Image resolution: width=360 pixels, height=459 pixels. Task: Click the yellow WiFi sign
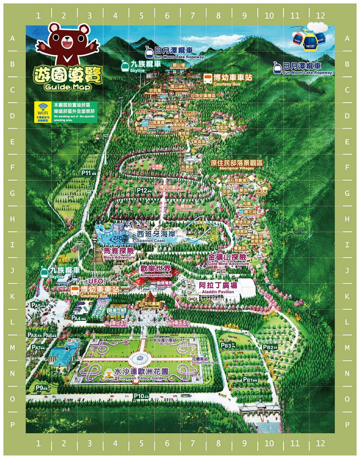coord(43,109)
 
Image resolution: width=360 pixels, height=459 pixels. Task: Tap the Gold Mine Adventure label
coord(227,260)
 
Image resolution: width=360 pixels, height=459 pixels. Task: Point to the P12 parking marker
coord(144,191)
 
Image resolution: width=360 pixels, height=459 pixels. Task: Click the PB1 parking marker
coord(249,380)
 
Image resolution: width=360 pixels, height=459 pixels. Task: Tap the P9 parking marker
coord(41,388)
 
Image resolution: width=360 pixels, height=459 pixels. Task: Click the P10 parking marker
coord(140,396)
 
